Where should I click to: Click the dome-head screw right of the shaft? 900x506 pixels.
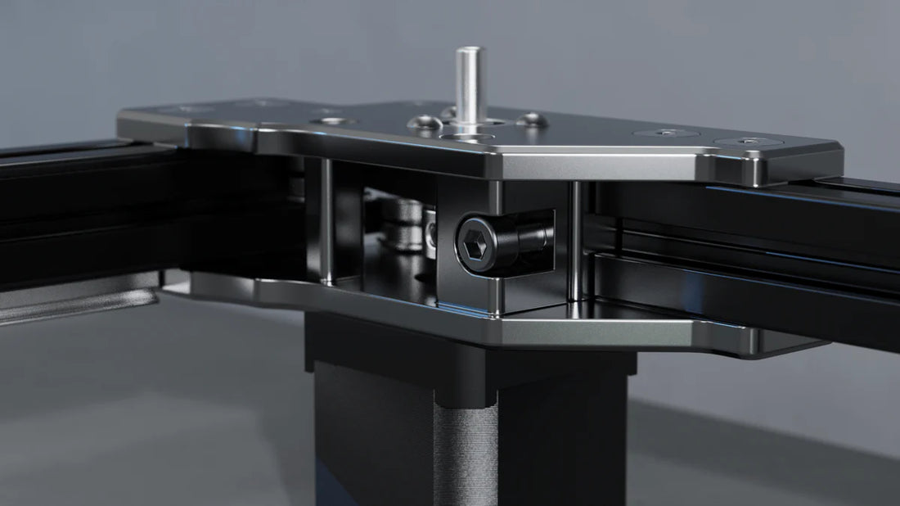(x=529, y=120)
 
